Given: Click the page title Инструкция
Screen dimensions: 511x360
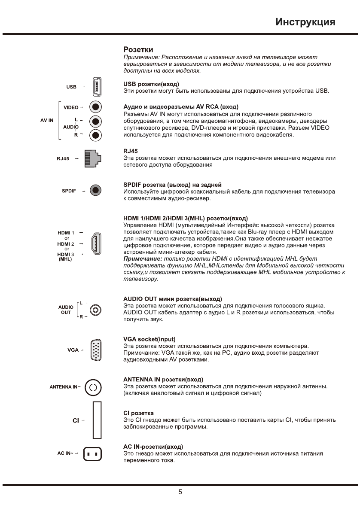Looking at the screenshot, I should (305, 21).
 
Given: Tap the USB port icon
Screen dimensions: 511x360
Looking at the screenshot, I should (96, 86).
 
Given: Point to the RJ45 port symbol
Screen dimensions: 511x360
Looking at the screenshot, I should (92, 158).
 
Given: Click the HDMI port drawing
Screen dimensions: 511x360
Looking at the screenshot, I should (96, 244).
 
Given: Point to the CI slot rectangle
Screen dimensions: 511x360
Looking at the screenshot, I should (97, 420).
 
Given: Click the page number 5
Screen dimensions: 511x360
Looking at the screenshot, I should (180, 492).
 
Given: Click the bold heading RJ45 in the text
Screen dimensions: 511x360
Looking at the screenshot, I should (130, 152).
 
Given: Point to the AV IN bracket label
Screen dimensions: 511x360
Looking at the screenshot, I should (47, 120).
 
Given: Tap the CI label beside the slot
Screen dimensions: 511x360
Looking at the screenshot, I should (76, 420).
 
